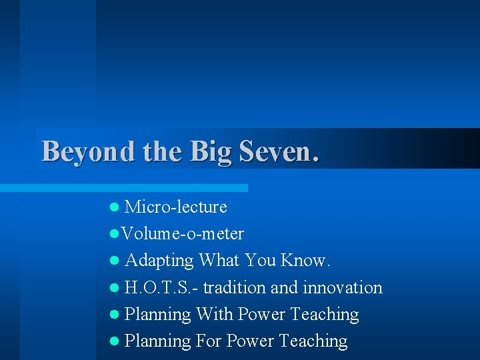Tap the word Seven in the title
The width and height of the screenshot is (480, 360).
coord(274,152)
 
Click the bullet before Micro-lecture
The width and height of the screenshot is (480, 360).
coord(115,207)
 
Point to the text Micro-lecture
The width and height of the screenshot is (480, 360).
coord(176,207)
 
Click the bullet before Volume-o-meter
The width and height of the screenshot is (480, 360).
coord(115,234)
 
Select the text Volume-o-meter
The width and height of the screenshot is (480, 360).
coord(183,234)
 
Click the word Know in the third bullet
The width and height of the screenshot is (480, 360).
coord(305,261)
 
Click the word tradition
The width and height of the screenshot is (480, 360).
coord(235,288)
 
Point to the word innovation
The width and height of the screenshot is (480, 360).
coord(343,288)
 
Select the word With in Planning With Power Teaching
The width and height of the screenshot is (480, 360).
coord(214,315)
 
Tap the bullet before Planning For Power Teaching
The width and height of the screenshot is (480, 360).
coord(115,341)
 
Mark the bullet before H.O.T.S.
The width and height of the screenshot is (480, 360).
coord(115,288)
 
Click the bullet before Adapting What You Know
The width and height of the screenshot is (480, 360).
coord(115,261)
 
